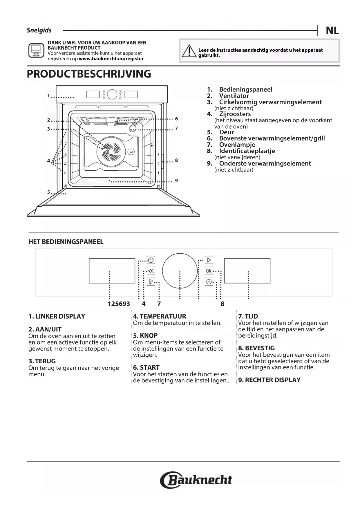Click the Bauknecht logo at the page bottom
[x=196, y=480]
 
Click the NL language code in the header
[x=332, y=30]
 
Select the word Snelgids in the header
[x=39, y=30]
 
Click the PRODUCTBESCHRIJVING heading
[x=89, y=74]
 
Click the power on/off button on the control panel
[x=151, y=260]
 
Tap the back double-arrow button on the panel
[x=151, y=271]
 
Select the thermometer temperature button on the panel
[x=151, y=281]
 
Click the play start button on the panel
[x=209, y=260]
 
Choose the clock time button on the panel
[x=209, y=281]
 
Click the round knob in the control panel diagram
[x=180, y=270]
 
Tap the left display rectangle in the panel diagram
[x=112, y=270]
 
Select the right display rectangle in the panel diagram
[x=247, y=270]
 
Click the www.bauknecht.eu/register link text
[x=111, y=59]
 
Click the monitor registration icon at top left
[x=36, y=50]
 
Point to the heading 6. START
[x=146, y=367]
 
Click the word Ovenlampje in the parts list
[x=237, y=145]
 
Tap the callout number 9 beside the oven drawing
[x=176, y=181]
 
